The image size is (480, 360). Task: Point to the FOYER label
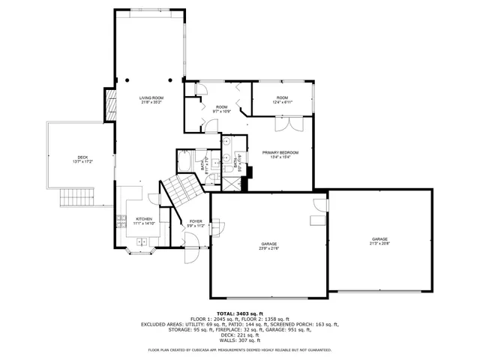(196, 223)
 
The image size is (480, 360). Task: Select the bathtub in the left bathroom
(185, 163)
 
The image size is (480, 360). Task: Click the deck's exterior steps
(76, 197)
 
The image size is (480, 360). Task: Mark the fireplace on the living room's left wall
(109, 106)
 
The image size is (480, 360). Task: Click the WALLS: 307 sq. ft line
(239, 340)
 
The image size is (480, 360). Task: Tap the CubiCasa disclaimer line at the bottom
(239, 349)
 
